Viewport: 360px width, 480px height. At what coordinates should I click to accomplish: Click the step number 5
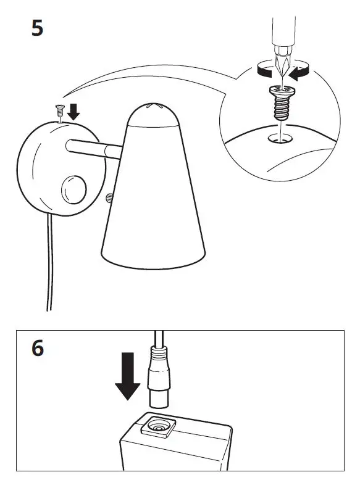point(38,28)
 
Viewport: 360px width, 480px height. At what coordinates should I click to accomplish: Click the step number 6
point(38,349)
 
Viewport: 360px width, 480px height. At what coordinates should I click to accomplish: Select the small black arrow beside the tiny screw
point(73,112)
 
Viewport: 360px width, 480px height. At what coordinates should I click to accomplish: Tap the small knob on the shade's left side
point(109,198)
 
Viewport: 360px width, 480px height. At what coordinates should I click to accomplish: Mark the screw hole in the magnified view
point(280,139)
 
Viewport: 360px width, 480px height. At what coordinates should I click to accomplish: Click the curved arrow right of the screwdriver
point(301,73)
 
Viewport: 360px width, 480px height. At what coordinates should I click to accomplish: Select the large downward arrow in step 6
point(127,376)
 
